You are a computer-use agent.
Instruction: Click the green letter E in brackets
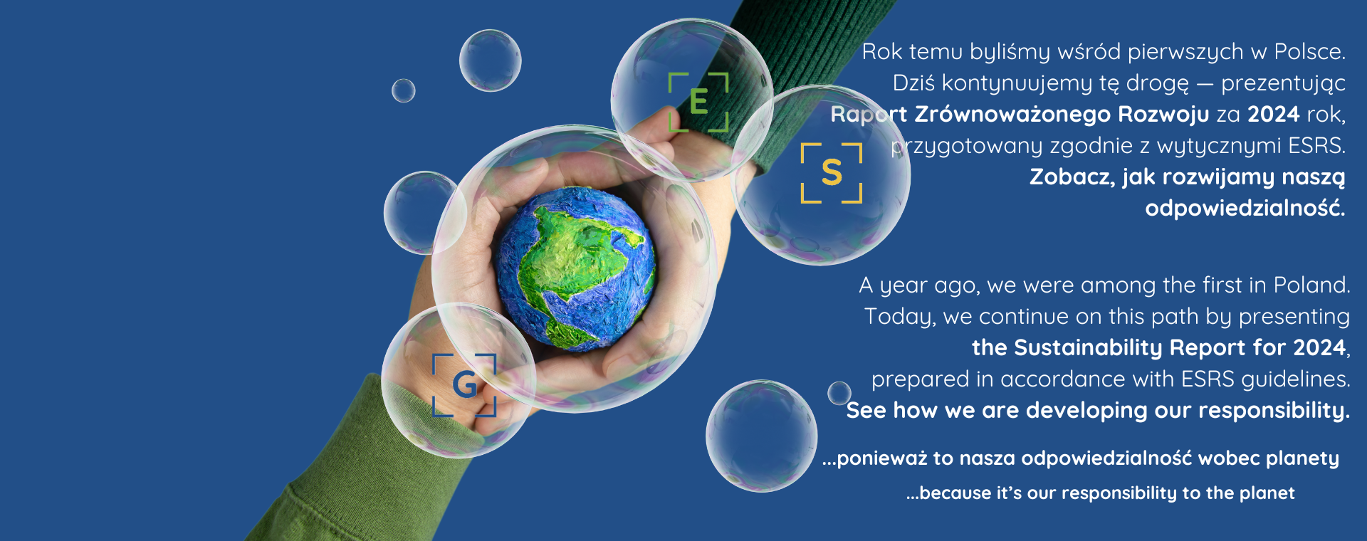(698, 102)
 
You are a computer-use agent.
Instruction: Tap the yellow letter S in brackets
(832, 173)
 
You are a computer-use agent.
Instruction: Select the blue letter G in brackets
(465, 385)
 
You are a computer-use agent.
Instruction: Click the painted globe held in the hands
(576, 269)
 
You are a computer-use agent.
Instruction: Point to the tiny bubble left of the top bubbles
(404, 90)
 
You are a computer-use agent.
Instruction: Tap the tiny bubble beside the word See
(839, 393)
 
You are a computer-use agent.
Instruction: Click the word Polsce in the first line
(1309, 52)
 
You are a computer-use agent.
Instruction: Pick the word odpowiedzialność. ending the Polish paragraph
(1245, 208)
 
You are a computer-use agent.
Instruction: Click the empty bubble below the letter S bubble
(762, 436)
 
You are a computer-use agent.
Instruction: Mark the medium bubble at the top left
(490, 61)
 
